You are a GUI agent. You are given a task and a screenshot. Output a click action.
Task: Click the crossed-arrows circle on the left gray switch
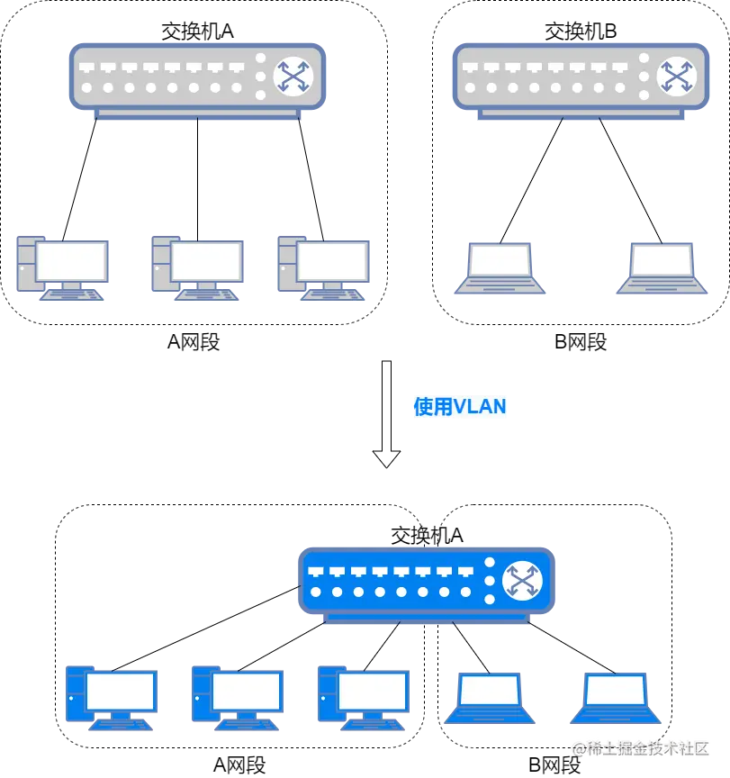[293, 77]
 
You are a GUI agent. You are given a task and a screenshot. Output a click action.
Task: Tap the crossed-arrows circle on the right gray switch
[677, 77]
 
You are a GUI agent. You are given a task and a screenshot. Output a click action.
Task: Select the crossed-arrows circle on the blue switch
[523, 581]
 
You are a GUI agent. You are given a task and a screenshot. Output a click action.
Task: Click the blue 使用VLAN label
[460, 407]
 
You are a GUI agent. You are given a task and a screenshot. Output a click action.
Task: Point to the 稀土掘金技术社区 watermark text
[640, 747]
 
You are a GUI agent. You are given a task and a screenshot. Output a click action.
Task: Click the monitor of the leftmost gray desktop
[72, 261]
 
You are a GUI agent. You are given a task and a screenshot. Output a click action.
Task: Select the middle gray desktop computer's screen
[207, 261]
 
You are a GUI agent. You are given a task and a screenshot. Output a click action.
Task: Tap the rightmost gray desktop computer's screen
[332, 261]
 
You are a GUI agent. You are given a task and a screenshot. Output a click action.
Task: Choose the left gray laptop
[500, 267]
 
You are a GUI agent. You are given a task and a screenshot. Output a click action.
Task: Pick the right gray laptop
[662, 267]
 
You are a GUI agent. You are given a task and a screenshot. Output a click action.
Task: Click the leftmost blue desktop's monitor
[122, 692]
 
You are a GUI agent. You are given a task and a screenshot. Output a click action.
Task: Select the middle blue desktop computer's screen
[247, 692]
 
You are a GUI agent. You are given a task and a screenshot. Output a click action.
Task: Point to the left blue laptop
[490, 698]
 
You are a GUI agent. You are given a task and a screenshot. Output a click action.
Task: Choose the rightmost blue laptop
[616, 698]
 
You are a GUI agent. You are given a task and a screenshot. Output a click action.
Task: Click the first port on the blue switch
[315, 572]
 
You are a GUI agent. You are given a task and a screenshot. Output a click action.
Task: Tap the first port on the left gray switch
[86, 68]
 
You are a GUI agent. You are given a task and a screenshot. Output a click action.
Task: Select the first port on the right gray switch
[469, 68]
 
